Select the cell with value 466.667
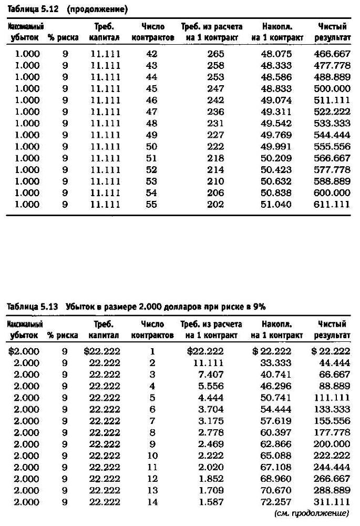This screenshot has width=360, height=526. tap(332, 54)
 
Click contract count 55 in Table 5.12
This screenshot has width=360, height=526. tap(151, 205)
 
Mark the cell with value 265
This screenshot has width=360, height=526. tap(215, 54)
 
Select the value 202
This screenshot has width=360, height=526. tap(215, 205)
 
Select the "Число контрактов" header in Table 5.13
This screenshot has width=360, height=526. tap(152, 330)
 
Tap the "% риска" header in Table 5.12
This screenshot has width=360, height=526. tap(63, 37)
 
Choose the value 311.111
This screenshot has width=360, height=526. tap(332, 502)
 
